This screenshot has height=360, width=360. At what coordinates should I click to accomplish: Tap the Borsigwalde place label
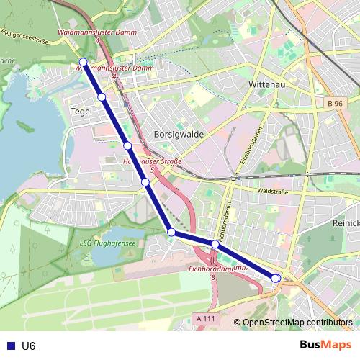click(179, 134)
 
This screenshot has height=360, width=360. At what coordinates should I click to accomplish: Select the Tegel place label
click(81, 111)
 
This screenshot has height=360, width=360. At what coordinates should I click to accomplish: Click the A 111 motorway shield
click(205, 318)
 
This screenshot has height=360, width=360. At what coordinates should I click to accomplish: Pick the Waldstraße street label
click(271, 192)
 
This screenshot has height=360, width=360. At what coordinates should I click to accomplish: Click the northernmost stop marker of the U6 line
click(84, 62)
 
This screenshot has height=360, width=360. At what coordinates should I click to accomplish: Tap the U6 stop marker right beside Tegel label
click(102, 96)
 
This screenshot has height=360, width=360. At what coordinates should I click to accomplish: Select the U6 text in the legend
click(28, 346)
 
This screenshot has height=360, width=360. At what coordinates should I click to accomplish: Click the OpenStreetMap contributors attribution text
click(297, 323)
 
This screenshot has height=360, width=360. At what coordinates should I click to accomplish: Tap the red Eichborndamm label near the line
click(217, 269)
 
